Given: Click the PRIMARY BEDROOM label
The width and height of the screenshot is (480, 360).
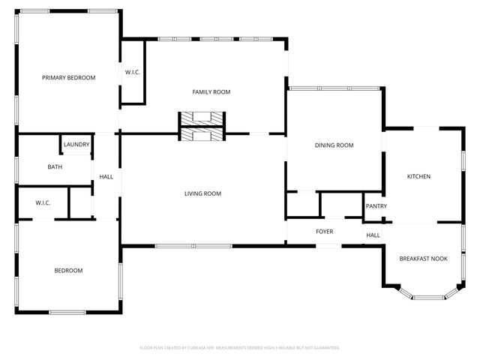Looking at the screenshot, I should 68,77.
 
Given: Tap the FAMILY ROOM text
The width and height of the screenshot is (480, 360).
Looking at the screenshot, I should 211,92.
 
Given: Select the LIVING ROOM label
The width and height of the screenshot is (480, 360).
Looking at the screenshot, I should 202,194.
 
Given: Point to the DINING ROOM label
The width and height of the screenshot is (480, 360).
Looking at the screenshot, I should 334,145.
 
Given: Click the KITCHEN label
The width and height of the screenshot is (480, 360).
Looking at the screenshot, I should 418,177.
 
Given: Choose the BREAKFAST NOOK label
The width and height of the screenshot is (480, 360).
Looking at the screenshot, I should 423,259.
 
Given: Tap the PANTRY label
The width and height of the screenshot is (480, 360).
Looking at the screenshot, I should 375,206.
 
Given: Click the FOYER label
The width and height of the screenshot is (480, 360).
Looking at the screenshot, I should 324,232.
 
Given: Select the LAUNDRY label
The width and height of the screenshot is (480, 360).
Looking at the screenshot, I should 76,145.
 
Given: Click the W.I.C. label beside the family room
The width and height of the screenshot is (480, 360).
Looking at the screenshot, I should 133,72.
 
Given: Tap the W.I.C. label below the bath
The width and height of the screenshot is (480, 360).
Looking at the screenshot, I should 43,203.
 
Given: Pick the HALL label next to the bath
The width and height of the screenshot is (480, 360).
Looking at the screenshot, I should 106,177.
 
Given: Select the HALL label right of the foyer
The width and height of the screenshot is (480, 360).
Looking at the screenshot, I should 373,235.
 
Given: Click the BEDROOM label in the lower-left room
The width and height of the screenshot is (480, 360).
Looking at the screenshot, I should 68,271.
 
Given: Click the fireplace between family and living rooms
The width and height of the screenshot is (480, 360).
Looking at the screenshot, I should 202,126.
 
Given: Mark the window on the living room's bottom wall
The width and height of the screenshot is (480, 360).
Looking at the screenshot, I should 193,246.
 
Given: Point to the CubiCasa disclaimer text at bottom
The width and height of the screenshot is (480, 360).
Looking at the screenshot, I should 240,348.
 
